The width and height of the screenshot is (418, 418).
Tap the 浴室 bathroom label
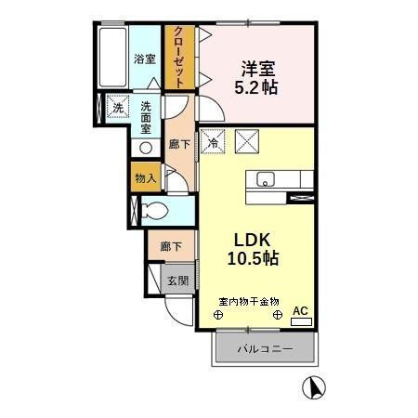(x=144, y=59)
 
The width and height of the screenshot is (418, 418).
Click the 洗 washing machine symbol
(x=117, y=108)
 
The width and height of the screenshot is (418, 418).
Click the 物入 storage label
(x=144, y=176)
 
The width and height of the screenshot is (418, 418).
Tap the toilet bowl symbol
(x=155, y=209)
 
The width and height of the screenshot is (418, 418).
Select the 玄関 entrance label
(x=177, y=281)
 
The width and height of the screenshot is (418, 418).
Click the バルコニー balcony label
(x=265, y=350)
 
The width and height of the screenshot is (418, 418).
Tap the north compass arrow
(x=314, y=387)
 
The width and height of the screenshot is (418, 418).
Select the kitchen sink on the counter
(x=263, y=178)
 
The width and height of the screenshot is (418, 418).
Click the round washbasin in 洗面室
(x=145, y=147)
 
